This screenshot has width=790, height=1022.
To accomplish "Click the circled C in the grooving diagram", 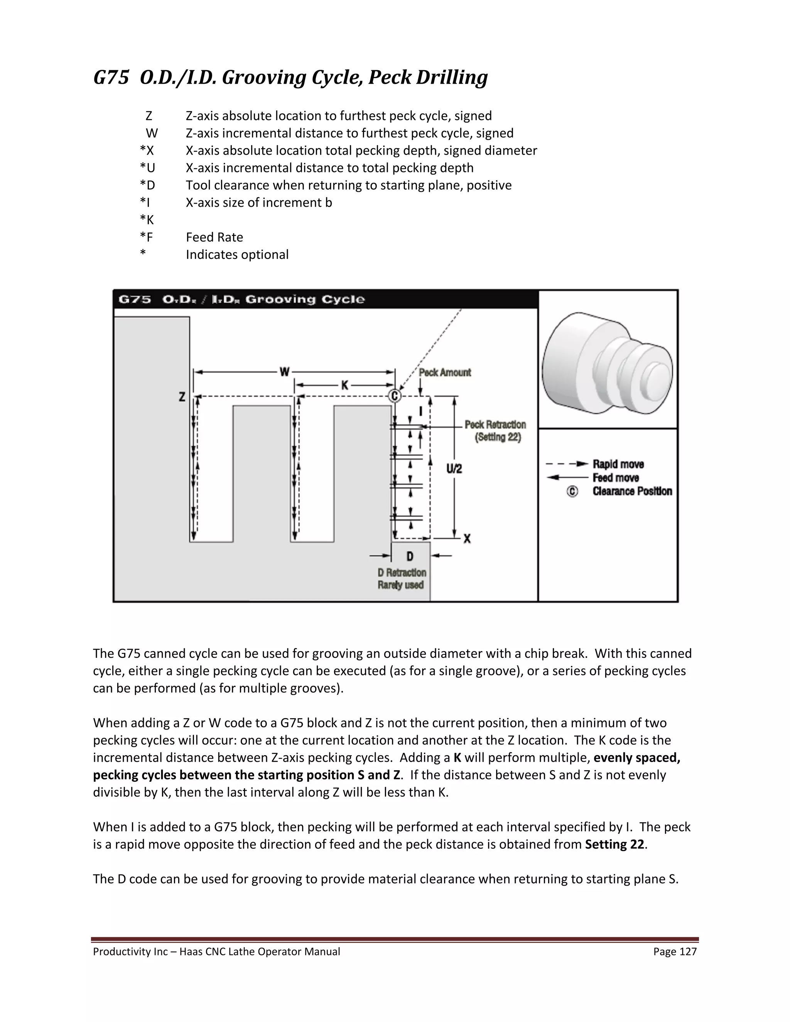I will (x=395, y=396).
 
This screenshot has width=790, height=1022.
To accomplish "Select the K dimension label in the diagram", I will (x=345, y=385).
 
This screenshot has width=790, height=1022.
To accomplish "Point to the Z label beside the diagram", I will (x=182, y=397).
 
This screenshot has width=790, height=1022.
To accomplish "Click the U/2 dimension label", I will (x=454, y=469).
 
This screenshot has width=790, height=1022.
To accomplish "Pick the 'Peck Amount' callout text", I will (x=445, y=373).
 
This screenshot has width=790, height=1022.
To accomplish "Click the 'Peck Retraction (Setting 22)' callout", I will (x=495, y=430).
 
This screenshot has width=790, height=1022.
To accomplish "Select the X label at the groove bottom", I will (x=467, y=539).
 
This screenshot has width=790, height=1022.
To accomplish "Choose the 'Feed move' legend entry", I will (x=615, y=478).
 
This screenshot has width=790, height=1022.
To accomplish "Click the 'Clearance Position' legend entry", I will (x=632, y=491).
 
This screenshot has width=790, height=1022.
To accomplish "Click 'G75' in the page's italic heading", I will (x=111, y=77).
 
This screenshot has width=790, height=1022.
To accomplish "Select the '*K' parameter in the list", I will (x=147, y=219).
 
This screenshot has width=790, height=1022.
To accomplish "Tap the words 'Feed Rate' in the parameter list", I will (x=214, y=237).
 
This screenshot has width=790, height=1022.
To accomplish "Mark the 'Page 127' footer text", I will (x=675, y=951).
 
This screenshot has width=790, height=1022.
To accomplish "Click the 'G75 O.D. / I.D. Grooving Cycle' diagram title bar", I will (x=241, y=299).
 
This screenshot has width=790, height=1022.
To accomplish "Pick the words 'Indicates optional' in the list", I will (x=237, y=255).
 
